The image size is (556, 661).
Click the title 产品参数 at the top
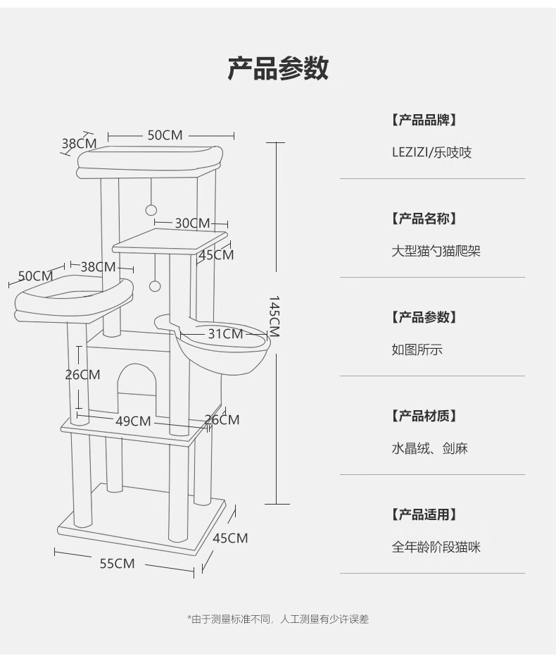click(x=278, y=69)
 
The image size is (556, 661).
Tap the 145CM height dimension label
click(x=274, y=316)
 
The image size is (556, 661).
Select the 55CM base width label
click(x=117, y=563)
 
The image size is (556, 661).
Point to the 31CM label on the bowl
click(x=225, y=333)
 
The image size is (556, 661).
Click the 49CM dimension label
click(x=133, y=421)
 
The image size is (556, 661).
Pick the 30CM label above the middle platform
click(x=192, y=223)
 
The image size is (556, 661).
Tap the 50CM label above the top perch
click(x=165, y=135)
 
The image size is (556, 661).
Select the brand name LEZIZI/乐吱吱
click(x=431, y=152)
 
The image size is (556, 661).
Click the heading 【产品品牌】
click(x=424, y=120)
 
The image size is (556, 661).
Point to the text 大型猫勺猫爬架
click(x=436, y=250)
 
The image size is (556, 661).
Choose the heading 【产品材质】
click(x=424, y=416)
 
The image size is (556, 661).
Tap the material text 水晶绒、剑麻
click(x=429, y=447)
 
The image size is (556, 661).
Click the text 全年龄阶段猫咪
click(x=436, y=546)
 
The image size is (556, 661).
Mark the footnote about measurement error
click(x=278, y=619)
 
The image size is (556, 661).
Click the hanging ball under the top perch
click(x=150, y=209)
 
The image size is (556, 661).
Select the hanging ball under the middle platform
click(x=155, y=285)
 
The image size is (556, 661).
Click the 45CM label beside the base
click(x=230, y=538)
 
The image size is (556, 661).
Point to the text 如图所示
click(x=417, y=349)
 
